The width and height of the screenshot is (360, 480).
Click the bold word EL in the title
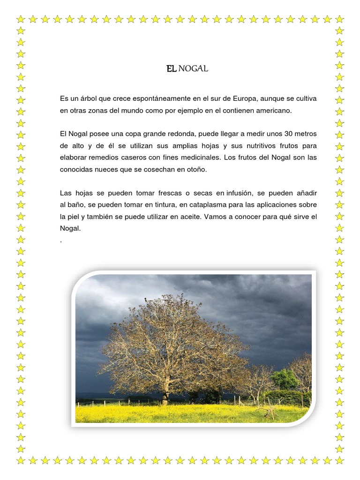click(171, 69)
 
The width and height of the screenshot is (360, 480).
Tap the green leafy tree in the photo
click(284, 378)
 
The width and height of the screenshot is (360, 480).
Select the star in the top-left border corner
click(21, 19)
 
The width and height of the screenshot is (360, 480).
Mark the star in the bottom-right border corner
click(340, 461)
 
